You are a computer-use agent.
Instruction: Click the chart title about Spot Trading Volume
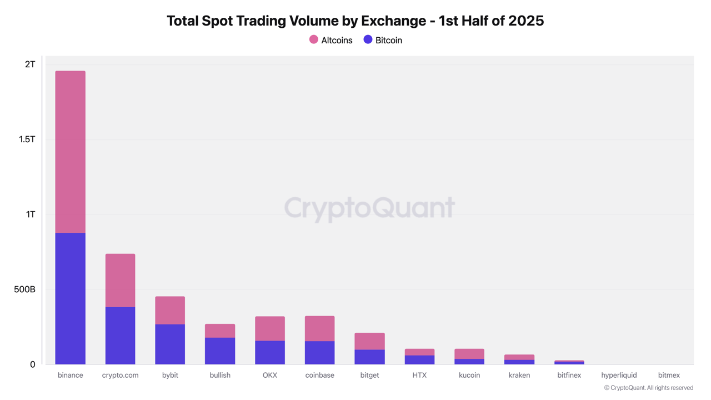pyautogui.click(x=355, y=21)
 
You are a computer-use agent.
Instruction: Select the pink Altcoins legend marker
pyautogui.click(x=314, y=39)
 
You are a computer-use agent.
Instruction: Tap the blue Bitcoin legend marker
pyautogui.click(x=368, y=39)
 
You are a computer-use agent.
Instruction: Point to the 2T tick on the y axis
pyautogui.click(x=30, y=64)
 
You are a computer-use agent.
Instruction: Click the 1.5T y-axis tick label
pyautogui.click(x=27, y=139)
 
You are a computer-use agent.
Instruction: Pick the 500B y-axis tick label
pyautogui.click(x=25, y=289)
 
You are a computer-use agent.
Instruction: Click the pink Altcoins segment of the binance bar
pyautogui.click(x=71, y=152)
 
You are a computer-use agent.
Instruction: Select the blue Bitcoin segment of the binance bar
pyautogui.click(x=71, y=298)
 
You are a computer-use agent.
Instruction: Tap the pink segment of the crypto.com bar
pyautogui.click(x=120, y=281)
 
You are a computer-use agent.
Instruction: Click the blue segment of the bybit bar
pyautogui.click(x=170, y=344)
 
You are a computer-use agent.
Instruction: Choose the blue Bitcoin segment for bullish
pyautogui.click(x=220, y=351)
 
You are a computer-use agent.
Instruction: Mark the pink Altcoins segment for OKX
pyautogui.click(x=270, y=329)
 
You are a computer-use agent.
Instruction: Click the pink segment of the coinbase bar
pyautogui.click(x=320, y=329)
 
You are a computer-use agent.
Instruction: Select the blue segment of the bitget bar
pyautogui.click(x=369, y=357)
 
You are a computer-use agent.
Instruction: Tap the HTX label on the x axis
pyautogui.click(x=419, y=376)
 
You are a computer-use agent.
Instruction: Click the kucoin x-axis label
pyautogui.click(x=469, y=376)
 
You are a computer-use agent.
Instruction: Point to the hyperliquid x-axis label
pyautogui.click(x=619, y=376)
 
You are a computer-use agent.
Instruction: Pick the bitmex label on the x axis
pyautogui.click(x=669, y=376)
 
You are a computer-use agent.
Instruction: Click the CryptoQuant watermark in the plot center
pyautogui.click(x=369, y=208)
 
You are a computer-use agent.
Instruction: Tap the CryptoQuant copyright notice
pyautogui.click(x=648, y=388)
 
